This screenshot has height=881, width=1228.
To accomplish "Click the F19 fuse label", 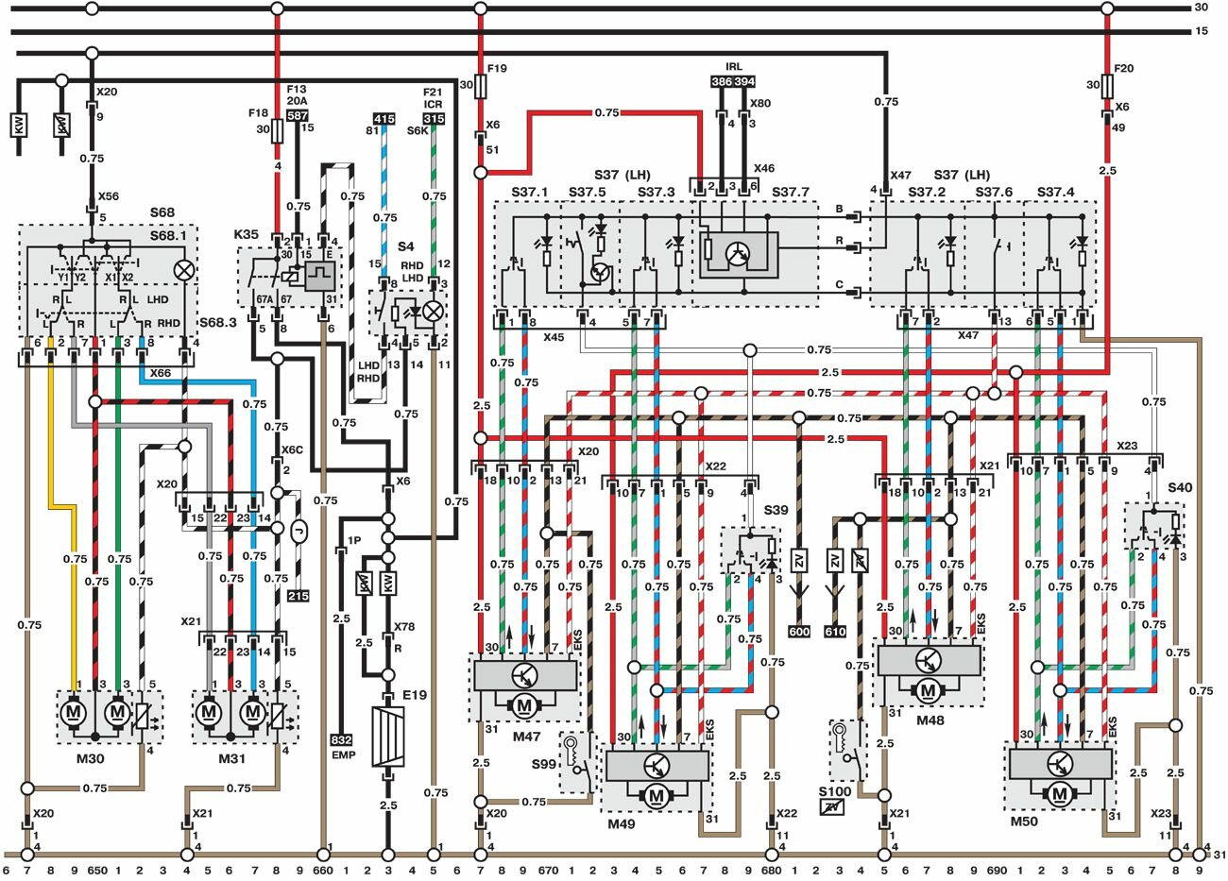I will pos(497,69).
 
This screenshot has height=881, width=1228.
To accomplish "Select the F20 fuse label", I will pos(1122,69).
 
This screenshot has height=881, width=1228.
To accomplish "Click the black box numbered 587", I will pos(297,114).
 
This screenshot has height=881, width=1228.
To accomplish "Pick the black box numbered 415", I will pos(384,119).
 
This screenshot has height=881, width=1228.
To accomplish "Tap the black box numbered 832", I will pos(341,741).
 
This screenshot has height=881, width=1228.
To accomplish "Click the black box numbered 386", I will pos(722,82).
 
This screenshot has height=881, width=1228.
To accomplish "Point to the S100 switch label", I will pos(834,791).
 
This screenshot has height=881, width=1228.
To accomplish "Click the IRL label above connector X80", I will pos(733,67).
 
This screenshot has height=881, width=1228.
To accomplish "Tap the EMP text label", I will pos(341,755).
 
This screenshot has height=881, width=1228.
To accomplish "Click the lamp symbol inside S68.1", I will pos(185,270).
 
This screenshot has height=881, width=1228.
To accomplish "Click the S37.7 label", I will pos(791,193).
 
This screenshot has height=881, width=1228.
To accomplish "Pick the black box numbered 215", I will pos(299,596).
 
